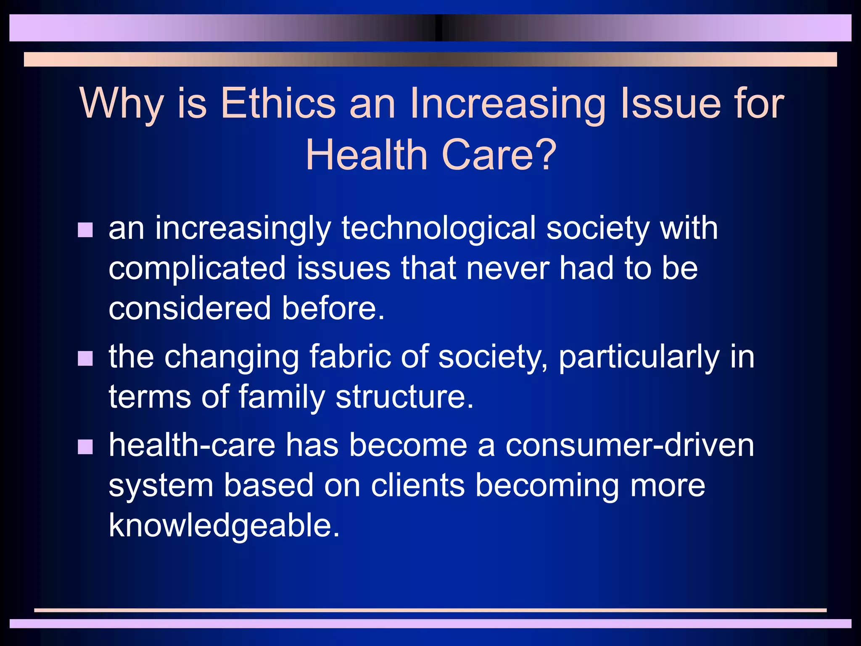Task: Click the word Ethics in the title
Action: (x=278, y=103)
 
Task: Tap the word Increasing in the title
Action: (x=507, y=103)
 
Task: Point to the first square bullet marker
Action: (x=85, y=230)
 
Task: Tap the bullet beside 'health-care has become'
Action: (x=85, y=447)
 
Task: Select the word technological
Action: (x=438, y=228)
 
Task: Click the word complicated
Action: (x=197, y=268)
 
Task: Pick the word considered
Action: (x=190, y=308)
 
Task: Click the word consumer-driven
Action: (x=629, y=445)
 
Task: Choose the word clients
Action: (x=417, y=485)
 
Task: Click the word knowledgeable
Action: (x=224, y=525)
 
